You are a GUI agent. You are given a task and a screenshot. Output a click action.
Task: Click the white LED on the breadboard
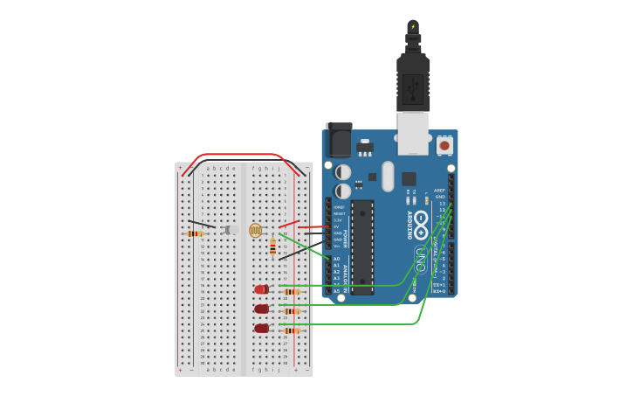(x=231, y=230)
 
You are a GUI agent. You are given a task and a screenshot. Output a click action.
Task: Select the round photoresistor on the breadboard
(x=255, y=230)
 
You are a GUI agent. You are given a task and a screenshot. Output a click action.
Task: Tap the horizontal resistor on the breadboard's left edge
(x=195, y=233)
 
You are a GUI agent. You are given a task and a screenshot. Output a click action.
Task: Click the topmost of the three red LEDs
(x=261, y=289)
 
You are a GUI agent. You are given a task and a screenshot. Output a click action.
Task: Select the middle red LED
(x=261, y=309)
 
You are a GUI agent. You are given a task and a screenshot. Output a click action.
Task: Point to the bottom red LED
(x=261, y=329)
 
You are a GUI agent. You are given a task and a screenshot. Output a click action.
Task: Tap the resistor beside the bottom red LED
(x=291, y=330)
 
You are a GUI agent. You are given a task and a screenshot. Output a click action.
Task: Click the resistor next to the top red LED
(x=291, y=292)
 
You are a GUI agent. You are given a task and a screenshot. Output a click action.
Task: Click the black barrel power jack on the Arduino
(x=339, y=139)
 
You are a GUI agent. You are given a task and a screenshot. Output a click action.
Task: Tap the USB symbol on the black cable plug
(x=413, y=87)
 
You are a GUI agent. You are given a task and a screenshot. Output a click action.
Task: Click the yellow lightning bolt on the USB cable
(x=413, y=27)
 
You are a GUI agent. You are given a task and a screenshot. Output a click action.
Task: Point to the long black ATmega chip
(x=362, y=247)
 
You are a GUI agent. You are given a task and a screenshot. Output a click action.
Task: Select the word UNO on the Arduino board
(x=420, y=259)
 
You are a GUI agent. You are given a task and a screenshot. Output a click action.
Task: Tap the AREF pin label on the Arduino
(x=439, y=191)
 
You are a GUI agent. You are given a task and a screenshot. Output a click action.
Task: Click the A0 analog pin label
(x=337, y=259)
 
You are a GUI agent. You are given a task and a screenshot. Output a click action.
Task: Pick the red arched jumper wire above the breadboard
(x=244, y=156)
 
